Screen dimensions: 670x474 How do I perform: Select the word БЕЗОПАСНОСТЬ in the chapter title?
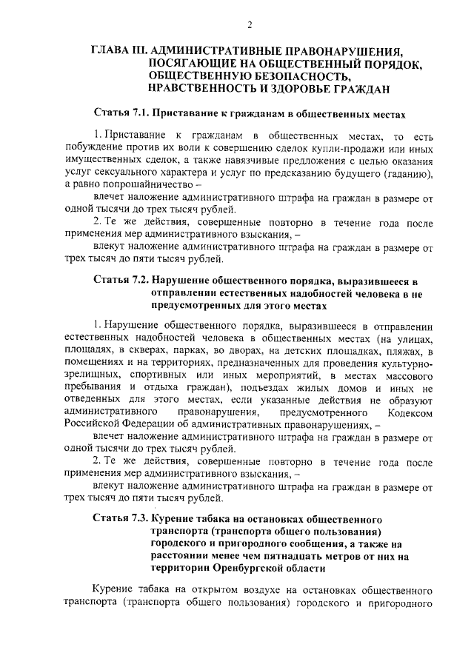(x=295, y=76)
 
